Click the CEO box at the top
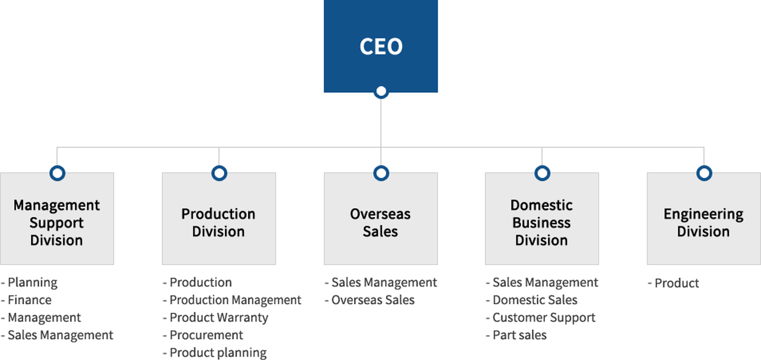(380, 46)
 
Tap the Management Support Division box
(57, 222)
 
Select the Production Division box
(218, 222)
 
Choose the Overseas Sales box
(380, 222)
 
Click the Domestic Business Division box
(541, 222)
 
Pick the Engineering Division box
(704, 222)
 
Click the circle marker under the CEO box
(381, 92)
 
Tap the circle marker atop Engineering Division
(704, 173)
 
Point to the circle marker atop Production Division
(219, 173)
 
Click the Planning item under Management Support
(33, 282)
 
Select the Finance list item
(29, 300)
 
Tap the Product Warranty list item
(219, 318)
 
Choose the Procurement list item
(206, 335)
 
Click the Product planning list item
(218, 352)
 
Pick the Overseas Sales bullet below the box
(373, 300)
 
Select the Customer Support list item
(544, 318)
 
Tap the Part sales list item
(519, 335)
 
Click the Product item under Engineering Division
(677, 283)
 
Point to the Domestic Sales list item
(535, 300)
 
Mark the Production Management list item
(235, 300)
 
